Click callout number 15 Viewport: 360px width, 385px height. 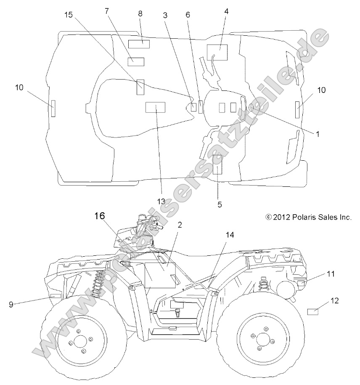click(69, 15)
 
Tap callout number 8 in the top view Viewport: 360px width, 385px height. click(140, 13)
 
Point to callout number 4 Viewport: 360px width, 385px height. click(226, 11)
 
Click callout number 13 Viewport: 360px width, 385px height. click(161, 202)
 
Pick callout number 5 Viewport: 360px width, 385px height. click(220, 205)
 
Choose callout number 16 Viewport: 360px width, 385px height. click(99, 216)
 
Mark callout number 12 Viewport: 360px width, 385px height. click(334, 301)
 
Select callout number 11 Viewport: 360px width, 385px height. click(331, 274)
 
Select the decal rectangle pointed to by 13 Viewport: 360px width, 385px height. click(155, 107)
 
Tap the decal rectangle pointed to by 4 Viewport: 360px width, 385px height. click(217, 53)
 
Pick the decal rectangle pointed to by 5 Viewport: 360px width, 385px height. click(217, 164)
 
